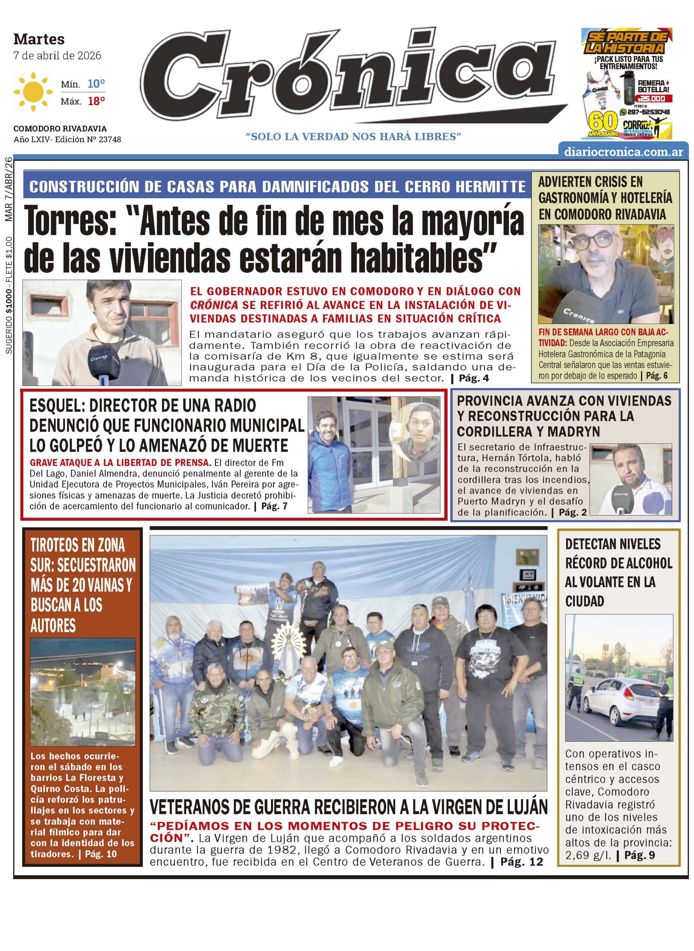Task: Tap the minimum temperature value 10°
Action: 96,84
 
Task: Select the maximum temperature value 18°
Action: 96,101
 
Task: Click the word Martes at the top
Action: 39,39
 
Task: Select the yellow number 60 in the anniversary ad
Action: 603,123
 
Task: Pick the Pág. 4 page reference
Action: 474,378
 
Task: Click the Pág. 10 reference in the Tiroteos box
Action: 100,854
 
